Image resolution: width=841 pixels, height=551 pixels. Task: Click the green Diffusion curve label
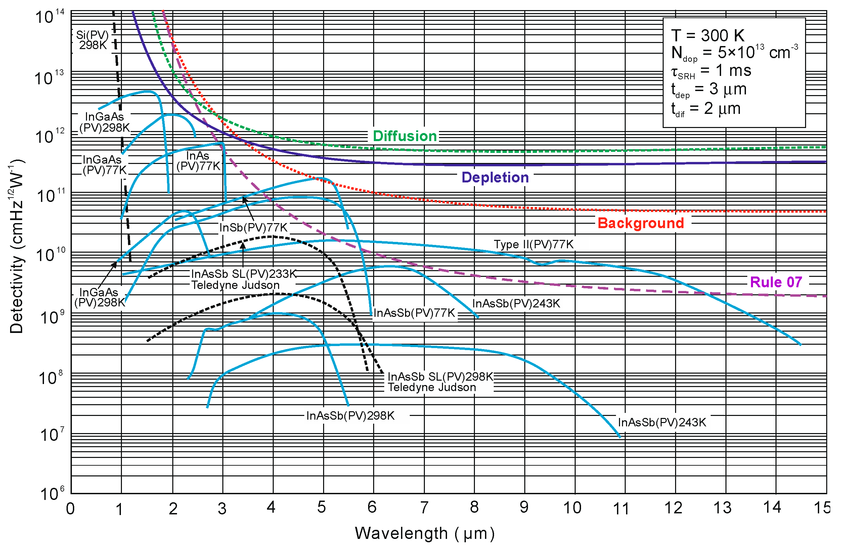coord(405,136)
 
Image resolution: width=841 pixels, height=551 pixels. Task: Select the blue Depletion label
coord(495,177)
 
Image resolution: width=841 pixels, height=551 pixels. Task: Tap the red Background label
coord(640,223)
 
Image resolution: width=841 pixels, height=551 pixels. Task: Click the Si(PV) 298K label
coord(93,40)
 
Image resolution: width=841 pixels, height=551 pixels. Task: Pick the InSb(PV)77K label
coord(253,227)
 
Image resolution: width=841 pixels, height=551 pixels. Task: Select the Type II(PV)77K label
coord(534,244)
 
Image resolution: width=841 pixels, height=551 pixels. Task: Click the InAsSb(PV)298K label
coord(350,416)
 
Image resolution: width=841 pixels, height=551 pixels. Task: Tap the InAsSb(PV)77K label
coord(414,313)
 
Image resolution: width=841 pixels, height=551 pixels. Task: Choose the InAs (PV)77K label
coord(198,161)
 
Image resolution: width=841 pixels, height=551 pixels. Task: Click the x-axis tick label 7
coord(424,508)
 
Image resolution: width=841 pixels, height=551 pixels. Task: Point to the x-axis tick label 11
coord(621,509)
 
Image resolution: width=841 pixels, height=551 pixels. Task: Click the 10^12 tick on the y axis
coord(49,136)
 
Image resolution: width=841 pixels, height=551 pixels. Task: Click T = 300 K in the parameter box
coord(707,35)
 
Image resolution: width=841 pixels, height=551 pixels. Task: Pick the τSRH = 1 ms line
coord(711,71)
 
